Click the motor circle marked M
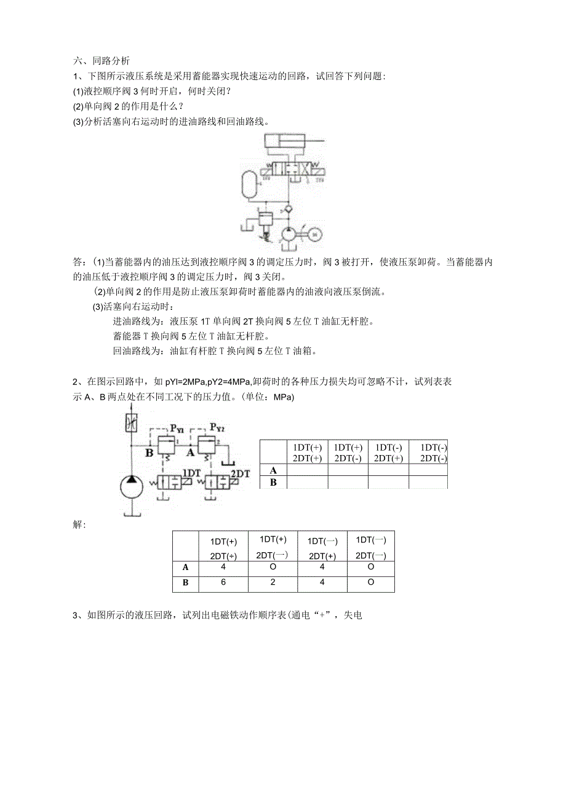pos(314,234)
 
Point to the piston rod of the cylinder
pos(314,141)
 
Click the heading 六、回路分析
pos(102,61)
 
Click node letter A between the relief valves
pos(191,453)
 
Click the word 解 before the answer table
pos(79,524)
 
